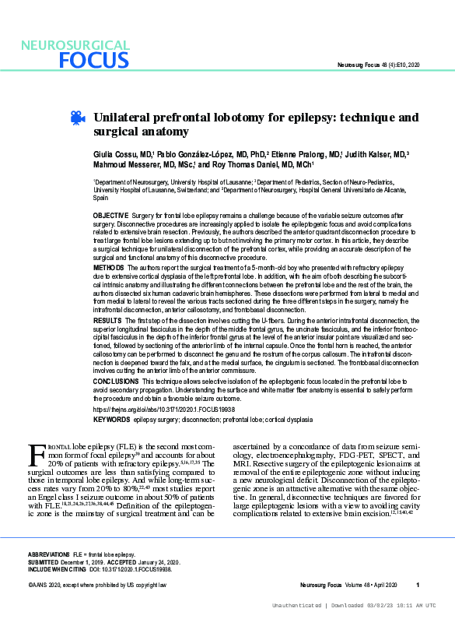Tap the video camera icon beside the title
[x=77, y=118]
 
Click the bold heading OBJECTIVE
[x=110, y=214]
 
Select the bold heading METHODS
[x=108, y=267]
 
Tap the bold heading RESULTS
[x=107, y=320]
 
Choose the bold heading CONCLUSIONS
[x=114, y=381]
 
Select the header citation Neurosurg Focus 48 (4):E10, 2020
[x=376, y=64]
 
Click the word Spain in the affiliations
[x=101, y=199]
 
